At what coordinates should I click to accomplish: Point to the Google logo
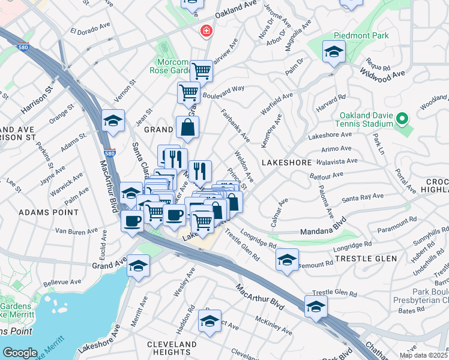(x=20, y=352)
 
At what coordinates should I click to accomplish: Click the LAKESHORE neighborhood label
(x=286, y=163)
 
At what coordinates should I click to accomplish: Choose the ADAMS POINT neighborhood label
(x=48, y=212)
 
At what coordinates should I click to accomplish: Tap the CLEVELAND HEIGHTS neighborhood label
(x=172, y=349)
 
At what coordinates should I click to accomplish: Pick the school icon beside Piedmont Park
(x=334, y=52)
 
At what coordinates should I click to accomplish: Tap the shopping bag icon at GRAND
(x=187, y=127)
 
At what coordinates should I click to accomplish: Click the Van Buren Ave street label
(x=76, y=231)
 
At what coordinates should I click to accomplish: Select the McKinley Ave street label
(x=273, y=326)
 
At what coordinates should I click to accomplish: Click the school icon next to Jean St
(x=113, y=121)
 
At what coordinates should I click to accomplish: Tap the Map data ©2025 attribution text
(x=423, y=355)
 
